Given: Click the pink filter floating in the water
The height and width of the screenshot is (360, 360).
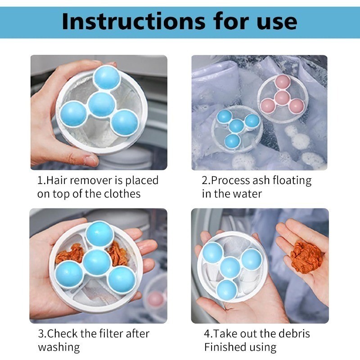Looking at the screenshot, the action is [282, 98].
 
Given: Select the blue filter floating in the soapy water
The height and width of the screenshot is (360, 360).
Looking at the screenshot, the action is [237, 129].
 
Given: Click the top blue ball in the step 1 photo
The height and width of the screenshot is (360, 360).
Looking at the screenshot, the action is [107, 77].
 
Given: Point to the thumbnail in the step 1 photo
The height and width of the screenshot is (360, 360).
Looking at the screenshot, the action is [91, 161].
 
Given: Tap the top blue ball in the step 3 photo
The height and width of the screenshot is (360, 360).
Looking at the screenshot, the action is [100, 234].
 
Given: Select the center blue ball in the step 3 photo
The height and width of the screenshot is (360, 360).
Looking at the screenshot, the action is [97, 262].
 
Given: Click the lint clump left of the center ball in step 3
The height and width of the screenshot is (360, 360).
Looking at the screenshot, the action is [70, 254].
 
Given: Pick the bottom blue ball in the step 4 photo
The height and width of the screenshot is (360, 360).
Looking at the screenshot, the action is [227, 290].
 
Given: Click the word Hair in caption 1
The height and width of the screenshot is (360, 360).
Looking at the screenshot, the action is [57, 180].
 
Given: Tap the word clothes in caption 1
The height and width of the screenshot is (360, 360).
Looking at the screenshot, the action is [122, 193].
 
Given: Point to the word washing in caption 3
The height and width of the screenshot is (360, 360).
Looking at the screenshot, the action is [59, 347].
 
